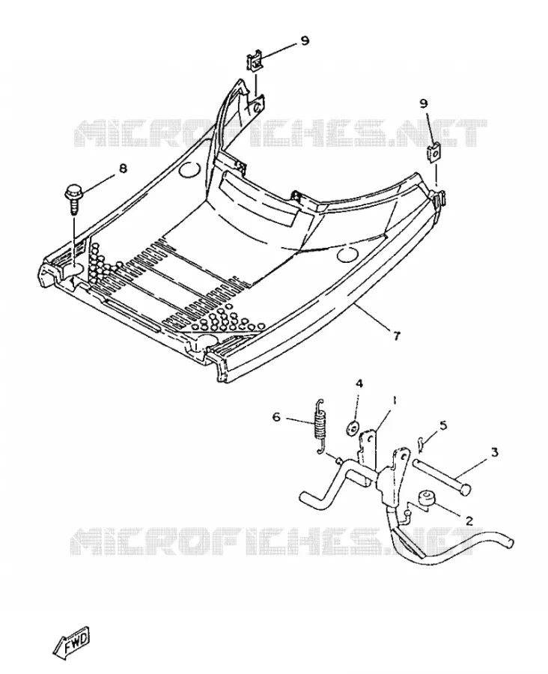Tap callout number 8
click(x=123, y=168)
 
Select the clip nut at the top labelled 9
click(x=254, y=62)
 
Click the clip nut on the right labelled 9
click(x=434, y=153)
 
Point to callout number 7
click(x=396, y=336)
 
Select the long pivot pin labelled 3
click(x=442, y=477)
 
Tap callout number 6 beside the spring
click(x=276, y=416)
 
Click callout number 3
click(x=494, y=452)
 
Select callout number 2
click(x=469, y=521)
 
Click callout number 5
click(x=442, y=425)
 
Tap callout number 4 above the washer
click(x=359, y=383)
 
